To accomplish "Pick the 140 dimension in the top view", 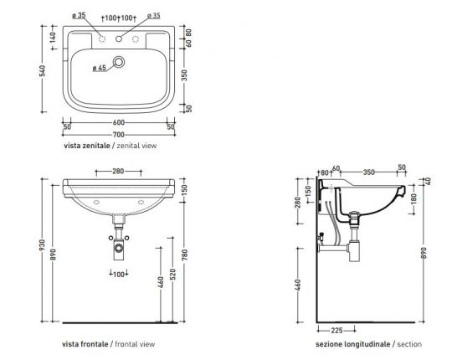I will point(54,38).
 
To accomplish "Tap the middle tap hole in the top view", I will point(120,37).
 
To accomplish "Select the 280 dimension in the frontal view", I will point(119,172).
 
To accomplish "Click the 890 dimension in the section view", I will point(424,251).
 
